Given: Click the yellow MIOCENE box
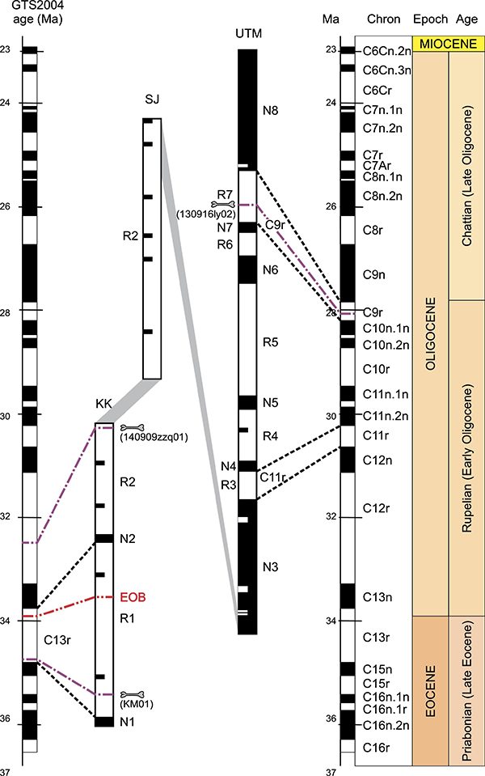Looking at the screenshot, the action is click(449, 44).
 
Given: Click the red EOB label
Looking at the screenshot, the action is click(133, 597).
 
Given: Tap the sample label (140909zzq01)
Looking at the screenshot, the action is click(154, 438).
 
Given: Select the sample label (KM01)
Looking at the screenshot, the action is click(137, 704).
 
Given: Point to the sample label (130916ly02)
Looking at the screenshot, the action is click(206, 214).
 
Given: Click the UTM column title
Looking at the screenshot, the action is click(248, 34).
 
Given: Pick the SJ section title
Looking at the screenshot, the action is click(152, 100).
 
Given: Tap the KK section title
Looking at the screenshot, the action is click(103, 405).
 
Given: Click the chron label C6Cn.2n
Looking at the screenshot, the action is click(386, 51).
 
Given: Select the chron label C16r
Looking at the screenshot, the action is click(376, 748).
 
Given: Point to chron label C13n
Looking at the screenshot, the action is click(377, 597).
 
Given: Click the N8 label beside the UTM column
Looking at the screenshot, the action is click(271, 110).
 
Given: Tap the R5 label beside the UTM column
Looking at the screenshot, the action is click(271, 342).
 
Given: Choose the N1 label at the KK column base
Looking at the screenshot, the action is click(128, 722).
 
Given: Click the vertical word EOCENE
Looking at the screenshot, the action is click(431, 691).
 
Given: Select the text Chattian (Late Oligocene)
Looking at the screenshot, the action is click(466, 176).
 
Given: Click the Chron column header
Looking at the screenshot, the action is click(384, 19).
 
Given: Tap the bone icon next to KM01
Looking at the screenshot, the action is click(132, 695).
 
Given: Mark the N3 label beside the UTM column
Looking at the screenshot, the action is click(271, 567).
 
